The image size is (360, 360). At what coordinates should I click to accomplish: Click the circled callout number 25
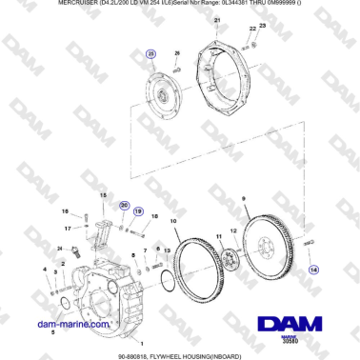coord(150,56)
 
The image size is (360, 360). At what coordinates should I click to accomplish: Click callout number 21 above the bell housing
coord(216,20)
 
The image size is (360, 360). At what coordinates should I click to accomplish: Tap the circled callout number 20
coord(124,205)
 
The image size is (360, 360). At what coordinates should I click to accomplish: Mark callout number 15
coord(102,194)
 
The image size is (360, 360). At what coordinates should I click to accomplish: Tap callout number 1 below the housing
coord(143,342)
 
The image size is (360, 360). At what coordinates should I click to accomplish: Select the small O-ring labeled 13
coord(168,280)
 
